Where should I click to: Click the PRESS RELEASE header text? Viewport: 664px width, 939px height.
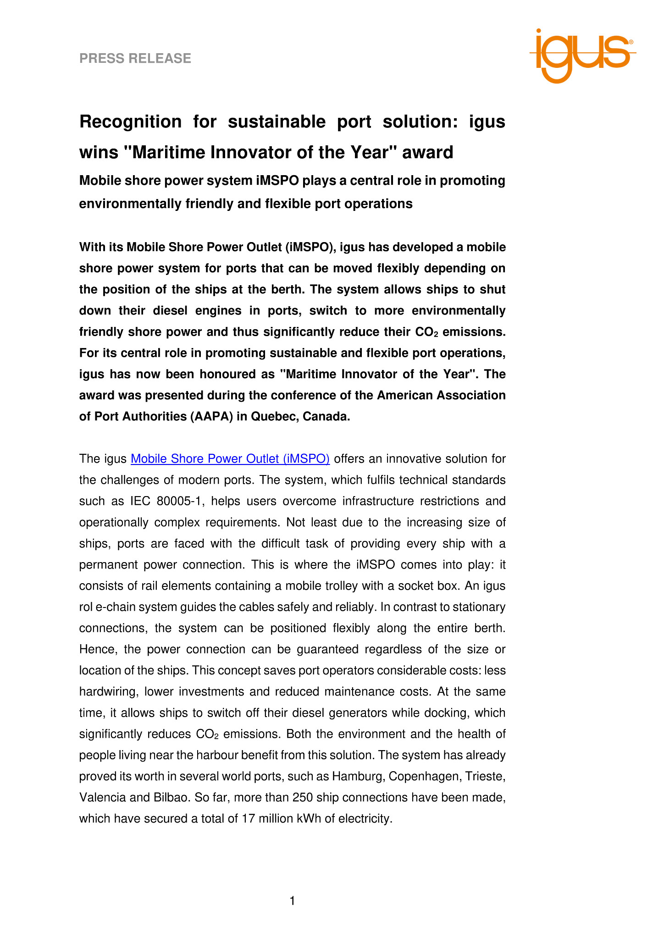(135, 58)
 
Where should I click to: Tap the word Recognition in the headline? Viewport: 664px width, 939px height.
(131, 122)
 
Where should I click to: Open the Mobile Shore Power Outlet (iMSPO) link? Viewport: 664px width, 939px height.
(230, 458)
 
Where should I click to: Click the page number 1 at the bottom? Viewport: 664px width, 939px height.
(293, 901)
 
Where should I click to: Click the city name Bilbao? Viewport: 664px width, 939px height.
(168, 797)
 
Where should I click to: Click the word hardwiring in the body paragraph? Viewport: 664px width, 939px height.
(107, 691)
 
